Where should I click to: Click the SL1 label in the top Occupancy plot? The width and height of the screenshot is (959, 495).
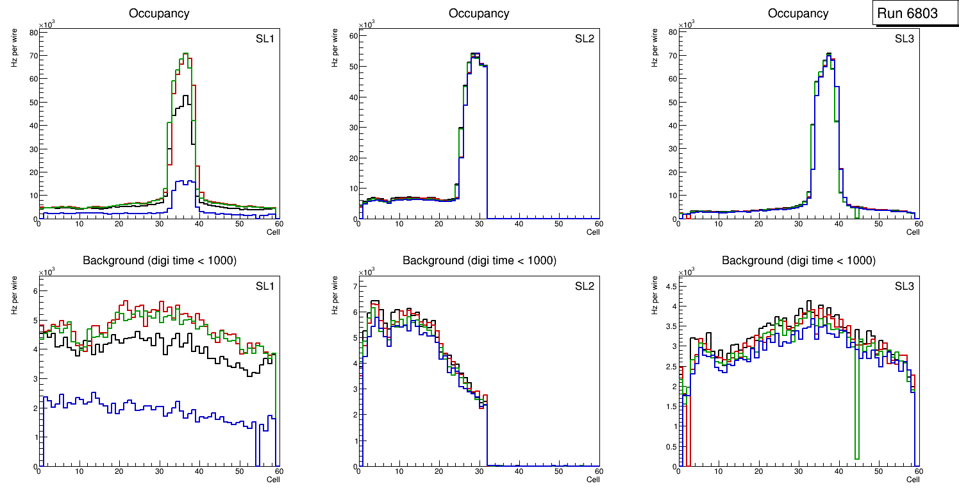pyautogui.click(x=265, y=38)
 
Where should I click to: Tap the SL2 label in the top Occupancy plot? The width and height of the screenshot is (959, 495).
pyautogui.click(x=585, y=38)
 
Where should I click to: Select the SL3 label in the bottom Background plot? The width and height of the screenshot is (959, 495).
pyautogui.click(x=904, y=285)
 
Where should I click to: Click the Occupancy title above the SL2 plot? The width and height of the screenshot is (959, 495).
pyautogui.click(x=479, y=13)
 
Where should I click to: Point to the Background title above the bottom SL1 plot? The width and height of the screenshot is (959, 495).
pyautogui.click(x=159, y=260)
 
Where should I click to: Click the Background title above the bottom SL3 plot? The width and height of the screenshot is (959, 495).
pyautogui.click(x=798, y=260)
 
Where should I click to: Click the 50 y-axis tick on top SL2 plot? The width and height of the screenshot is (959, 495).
pyautogui.click(x=351, y=67)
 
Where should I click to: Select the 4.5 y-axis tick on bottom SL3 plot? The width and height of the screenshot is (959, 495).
pyautogui.click(x=669, y=287)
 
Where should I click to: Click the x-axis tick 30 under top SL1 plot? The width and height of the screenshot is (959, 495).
pyautogui.click(x=159, y=224)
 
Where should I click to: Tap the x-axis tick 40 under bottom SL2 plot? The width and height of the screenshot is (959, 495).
pyautogui.click(x=519, y=471)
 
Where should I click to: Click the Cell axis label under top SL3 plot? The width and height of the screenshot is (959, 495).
pyautogui.click(x=912, y=232)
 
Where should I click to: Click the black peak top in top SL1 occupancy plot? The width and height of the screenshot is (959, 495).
pyautogui.click(x=187, y=96)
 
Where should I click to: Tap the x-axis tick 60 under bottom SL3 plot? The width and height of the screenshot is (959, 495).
pyautogui.click(x=917, y=471)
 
